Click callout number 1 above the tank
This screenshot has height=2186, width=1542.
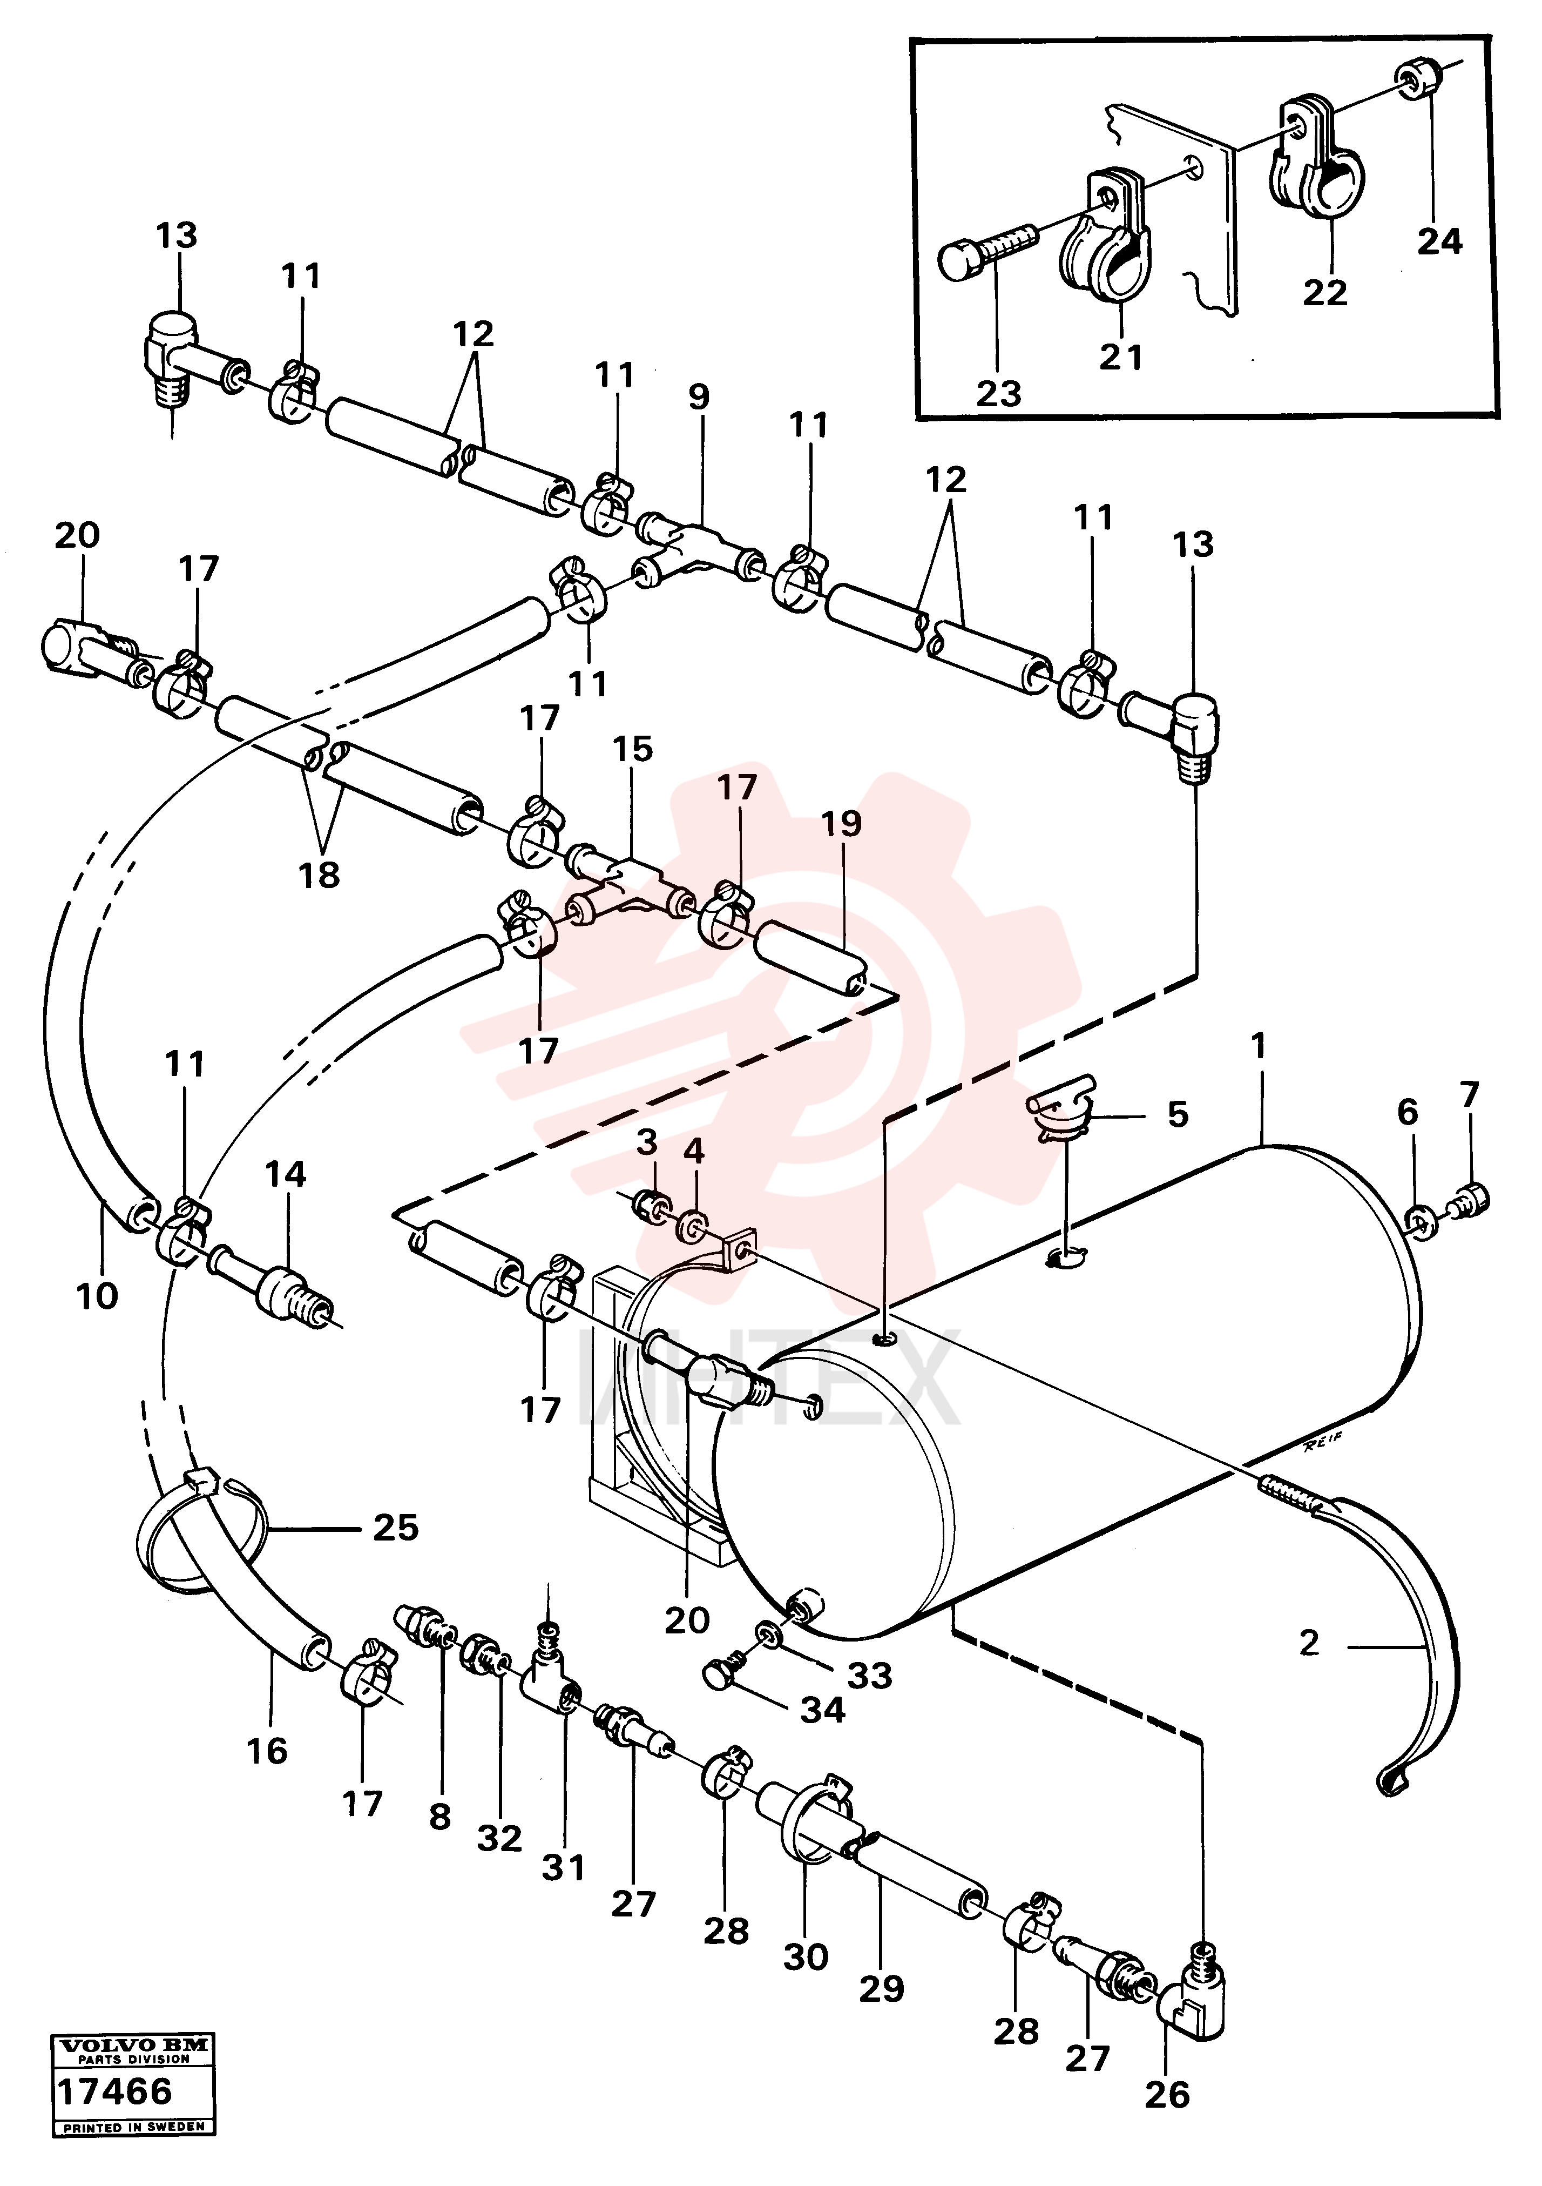[x=1259, y=1046]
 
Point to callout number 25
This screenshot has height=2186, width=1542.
[x=396, y=1527]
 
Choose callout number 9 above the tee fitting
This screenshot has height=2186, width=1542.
[x=699, y=396]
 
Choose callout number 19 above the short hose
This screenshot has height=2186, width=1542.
[x=841, y=824]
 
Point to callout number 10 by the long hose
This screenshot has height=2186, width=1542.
[x=97, y=1296]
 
